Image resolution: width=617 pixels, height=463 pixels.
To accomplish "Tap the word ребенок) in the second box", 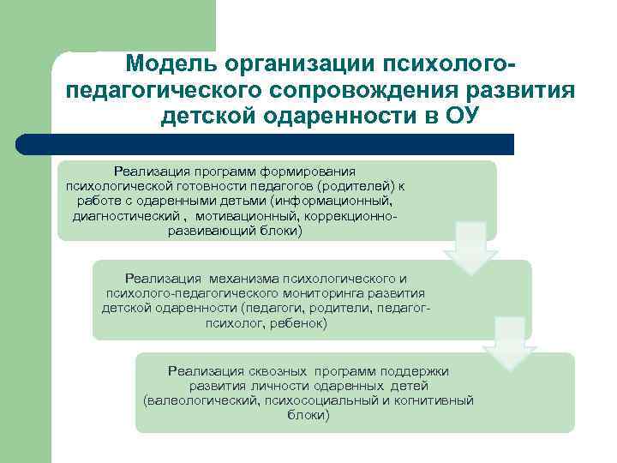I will [300, 323].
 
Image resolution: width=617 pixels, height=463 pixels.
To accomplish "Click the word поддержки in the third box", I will [417, 370].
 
